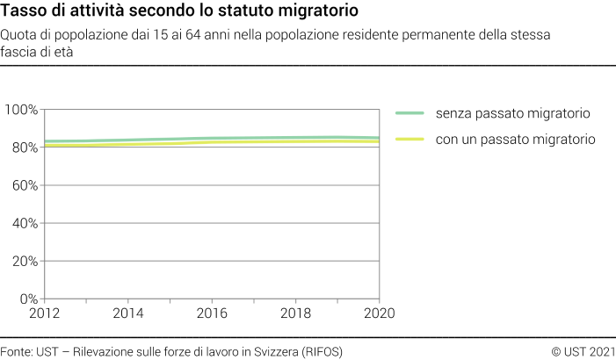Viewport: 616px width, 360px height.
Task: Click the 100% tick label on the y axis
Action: pos(21,110)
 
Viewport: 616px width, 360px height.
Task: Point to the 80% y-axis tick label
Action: pos(24,148)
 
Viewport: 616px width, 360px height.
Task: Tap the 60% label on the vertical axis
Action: pos(24,185)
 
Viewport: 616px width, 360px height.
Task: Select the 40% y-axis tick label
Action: pos(24,223)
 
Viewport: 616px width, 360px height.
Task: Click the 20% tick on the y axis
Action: pos(24,261)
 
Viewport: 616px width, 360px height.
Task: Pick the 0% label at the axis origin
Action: pos(28,299)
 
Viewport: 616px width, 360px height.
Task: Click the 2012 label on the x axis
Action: pos(45,313)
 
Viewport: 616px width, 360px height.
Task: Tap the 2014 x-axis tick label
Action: pos(128,313)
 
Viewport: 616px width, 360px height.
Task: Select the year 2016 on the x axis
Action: pos(212,313)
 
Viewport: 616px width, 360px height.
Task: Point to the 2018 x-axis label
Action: pos(295,313)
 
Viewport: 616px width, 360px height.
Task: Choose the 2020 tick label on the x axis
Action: pos(379,313)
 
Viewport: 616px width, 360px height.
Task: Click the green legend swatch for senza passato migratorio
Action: pos(410,113)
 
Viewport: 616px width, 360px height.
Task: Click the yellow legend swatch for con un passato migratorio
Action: pos(410,139)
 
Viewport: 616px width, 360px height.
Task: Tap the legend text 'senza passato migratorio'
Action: pos(512,113)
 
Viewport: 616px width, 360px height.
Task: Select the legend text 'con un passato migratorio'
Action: pos(516,139)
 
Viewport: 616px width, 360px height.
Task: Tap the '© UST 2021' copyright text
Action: pos(583,351)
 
